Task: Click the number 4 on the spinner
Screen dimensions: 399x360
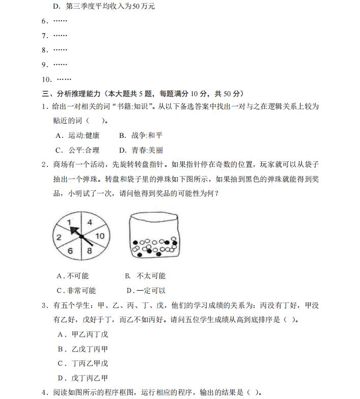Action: [90, 222]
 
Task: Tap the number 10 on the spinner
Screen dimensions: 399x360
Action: [100, 236]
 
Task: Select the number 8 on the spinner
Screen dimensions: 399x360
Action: [90, 250]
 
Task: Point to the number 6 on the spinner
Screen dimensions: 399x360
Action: [70, 251]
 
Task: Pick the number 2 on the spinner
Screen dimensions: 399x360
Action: [59, 237]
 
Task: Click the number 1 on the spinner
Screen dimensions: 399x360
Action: [69, 222]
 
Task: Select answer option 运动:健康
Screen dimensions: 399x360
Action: [78, 135]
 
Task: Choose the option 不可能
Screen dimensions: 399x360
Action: [73, 276]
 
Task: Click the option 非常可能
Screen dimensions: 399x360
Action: [76, 291]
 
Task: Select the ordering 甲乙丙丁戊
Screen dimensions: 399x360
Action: [84, 334]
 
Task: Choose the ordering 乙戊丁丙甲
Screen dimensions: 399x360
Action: [84, 349]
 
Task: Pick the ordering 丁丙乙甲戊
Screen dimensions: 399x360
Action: [84, 363]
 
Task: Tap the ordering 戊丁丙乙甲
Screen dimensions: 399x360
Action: [84, 378]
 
